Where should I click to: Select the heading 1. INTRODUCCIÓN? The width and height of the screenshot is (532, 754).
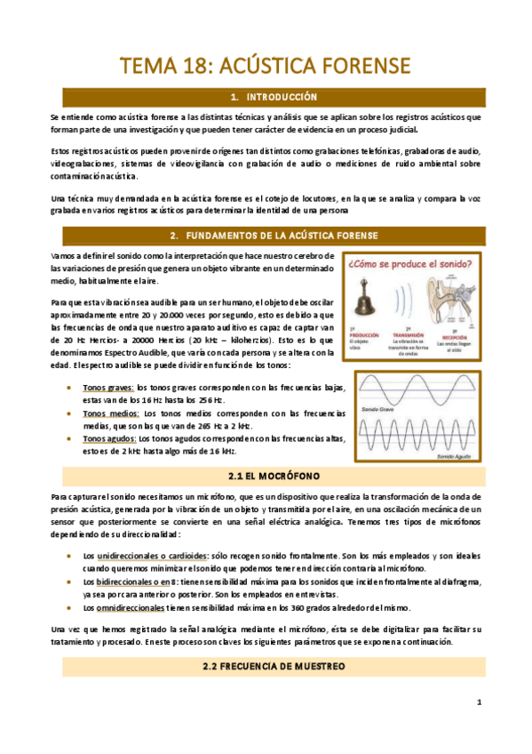(x=266, y=96)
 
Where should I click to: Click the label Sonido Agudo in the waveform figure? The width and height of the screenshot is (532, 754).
(x=454, y=456)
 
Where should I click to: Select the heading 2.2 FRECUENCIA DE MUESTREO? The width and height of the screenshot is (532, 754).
(x=266, y=666)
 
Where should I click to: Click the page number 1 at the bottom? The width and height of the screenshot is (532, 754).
(x=478, y=702)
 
